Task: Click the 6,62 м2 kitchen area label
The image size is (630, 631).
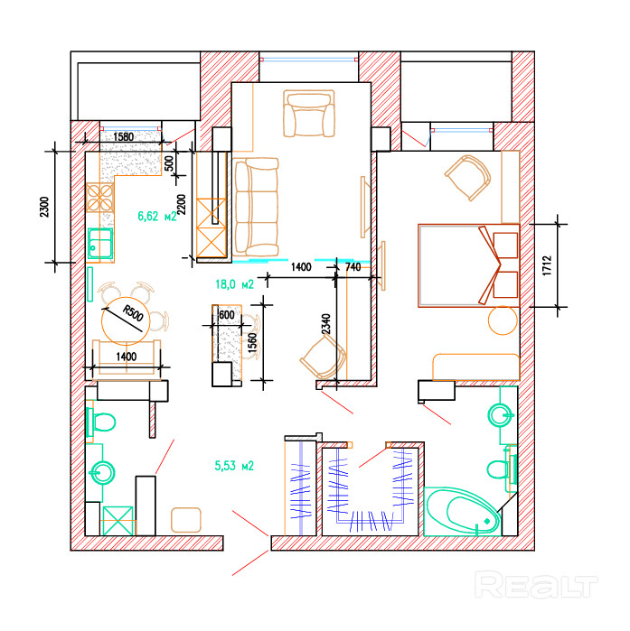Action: pos(157,216)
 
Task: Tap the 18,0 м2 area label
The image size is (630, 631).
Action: pos(234,284)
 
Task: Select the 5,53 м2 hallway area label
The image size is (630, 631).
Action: pos(234,466)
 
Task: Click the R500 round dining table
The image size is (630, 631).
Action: pos(126,320)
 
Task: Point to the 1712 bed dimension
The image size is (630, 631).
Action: pos(547,265)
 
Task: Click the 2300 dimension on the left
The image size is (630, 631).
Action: pos(44,207)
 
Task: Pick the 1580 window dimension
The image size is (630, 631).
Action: pos(123,137)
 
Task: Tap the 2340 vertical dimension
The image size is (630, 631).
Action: pos(326,324)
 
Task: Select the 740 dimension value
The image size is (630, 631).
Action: pos(353,267)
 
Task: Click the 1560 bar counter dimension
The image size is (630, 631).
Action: pos(252,343)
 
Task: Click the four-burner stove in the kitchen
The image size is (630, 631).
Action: pos(100,197)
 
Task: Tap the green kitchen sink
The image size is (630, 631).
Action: pos(100,244)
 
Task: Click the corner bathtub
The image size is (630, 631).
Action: pos(463,512)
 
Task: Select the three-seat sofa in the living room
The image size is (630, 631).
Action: pos(256,207)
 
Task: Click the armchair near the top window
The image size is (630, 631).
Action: pos(309,114)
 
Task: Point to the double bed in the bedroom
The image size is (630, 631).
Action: pos(468,265)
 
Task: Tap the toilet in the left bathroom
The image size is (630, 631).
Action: pos(100,422)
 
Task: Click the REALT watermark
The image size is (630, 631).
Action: pos(536,585)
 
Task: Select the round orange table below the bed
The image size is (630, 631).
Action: pos(503,320)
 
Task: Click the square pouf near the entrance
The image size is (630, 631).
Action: pos(185,520)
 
